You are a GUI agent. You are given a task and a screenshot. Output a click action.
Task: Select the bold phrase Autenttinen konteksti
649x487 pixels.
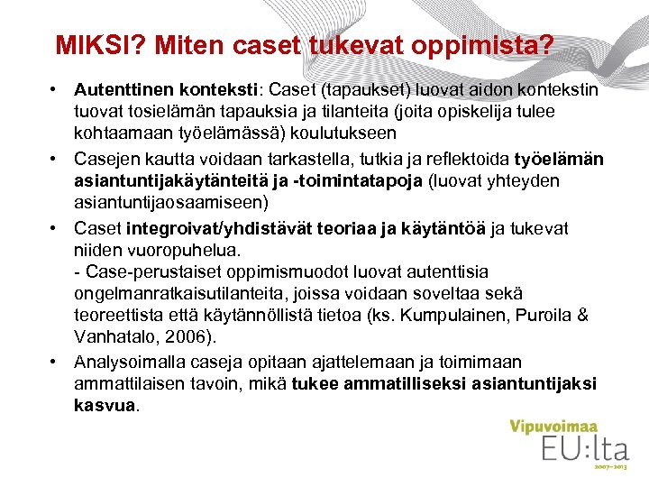point(167,91)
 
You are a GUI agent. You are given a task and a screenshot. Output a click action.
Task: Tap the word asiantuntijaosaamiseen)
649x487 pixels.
point(169,201)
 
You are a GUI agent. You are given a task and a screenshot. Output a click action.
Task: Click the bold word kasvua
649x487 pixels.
point(104,405)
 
